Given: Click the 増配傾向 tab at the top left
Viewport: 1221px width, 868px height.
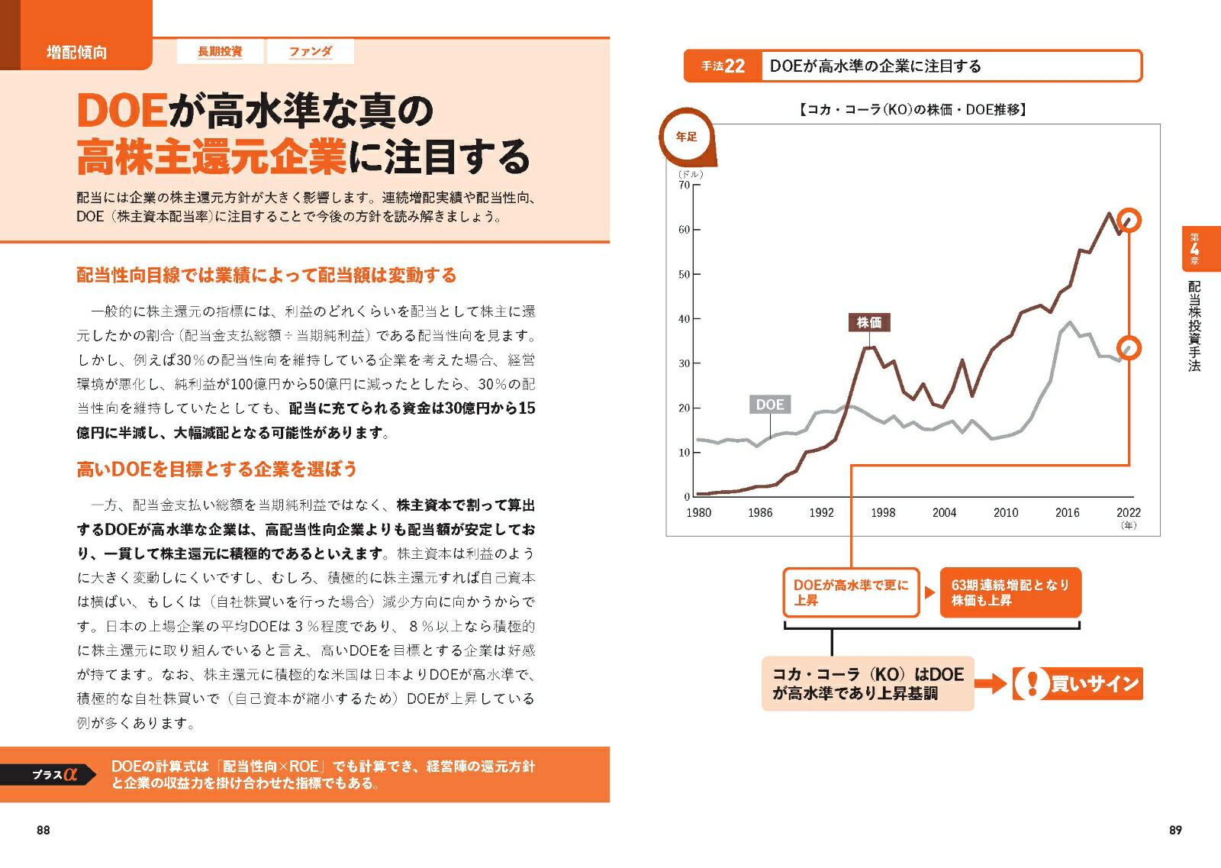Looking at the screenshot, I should [76, 52].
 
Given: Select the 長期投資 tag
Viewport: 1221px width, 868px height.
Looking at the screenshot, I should [220, 51].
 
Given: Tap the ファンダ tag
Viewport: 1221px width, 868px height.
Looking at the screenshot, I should [310, 51].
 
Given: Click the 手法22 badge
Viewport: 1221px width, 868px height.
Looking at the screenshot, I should [723, 66].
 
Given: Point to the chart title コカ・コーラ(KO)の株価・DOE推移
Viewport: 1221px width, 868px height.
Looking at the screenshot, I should [912, 110].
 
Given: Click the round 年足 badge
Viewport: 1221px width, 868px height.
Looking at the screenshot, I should [686, 137].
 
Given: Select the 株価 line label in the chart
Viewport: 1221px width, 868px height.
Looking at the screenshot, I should [868, 322].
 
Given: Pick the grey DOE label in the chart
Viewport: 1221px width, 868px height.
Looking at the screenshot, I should [769, 405].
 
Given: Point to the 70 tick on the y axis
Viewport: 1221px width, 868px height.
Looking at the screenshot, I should [684, 185].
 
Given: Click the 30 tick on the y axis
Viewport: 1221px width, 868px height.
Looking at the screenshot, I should [684, 363].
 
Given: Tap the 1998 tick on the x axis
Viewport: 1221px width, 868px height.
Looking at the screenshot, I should [883, 513].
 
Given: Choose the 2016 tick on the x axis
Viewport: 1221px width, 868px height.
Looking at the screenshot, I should [1067, 513].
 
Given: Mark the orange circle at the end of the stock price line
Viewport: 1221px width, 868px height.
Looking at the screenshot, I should [1129, 221].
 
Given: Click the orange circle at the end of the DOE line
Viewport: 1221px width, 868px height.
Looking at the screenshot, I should [1129, 348].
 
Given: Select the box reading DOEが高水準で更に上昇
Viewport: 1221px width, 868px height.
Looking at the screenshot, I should [851, 592].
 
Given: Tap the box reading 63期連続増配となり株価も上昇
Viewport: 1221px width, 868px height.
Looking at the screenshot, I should [1010, 592].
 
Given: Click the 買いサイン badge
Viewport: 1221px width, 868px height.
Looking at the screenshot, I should [1078, 683].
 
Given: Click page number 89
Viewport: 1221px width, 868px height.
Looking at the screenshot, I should [1175, 830].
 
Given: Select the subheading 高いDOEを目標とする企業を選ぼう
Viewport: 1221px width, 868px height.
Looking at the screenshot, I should [217, 469].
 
